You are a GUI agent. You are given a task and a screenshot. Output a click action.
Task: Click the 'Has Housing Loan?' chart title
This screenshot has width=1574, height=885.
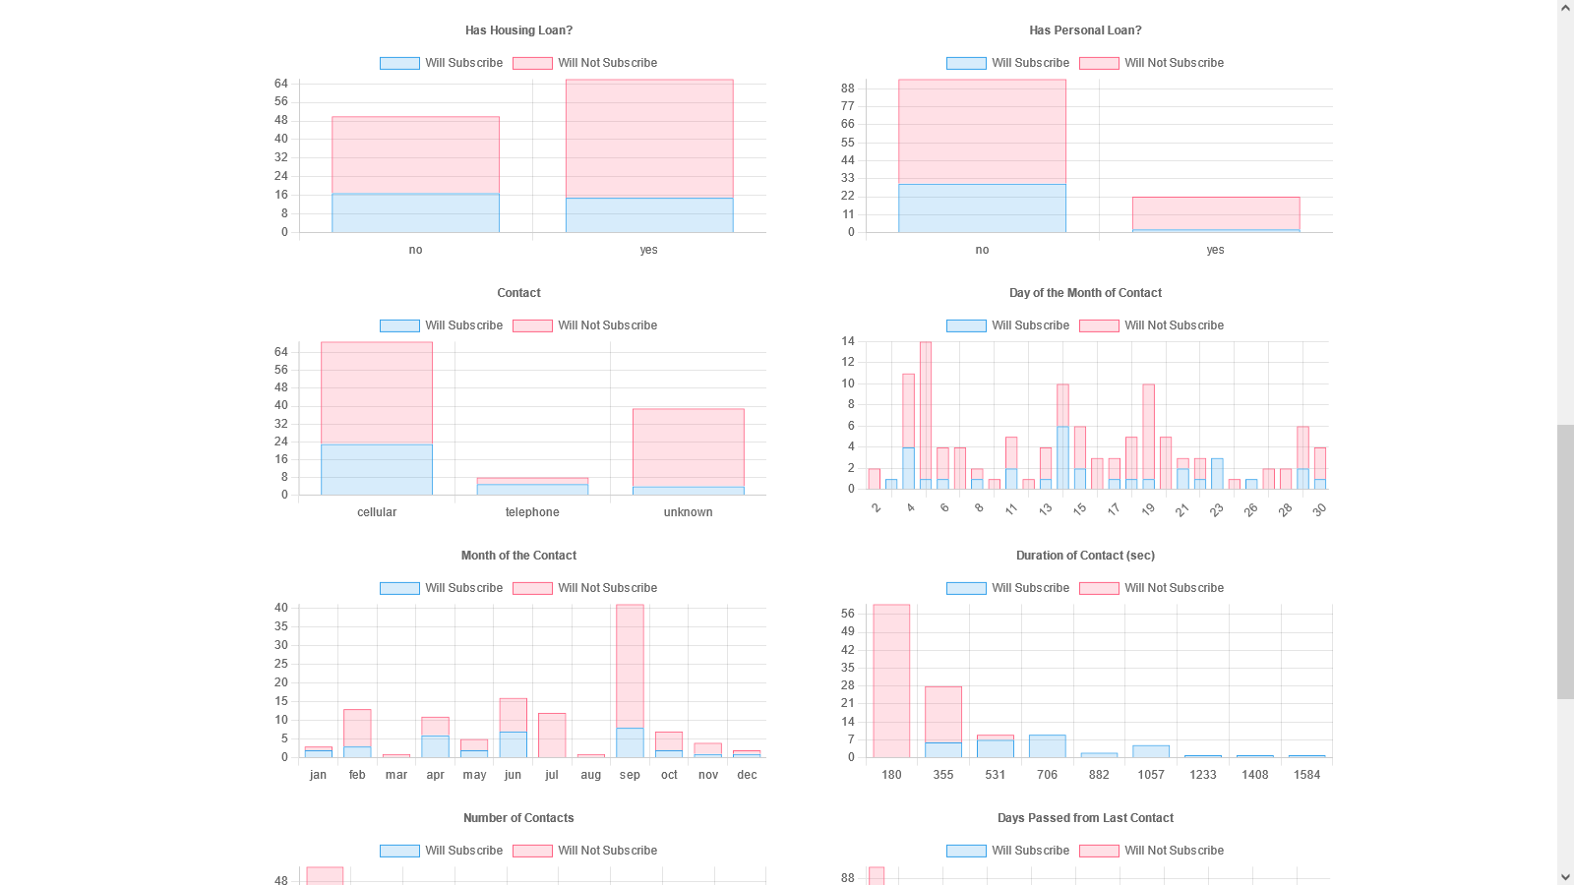pos(518,30)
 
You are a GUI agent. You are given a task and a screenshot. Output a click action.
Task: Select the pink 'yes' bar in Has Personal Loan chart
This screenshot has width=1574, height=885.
pos(1215,212)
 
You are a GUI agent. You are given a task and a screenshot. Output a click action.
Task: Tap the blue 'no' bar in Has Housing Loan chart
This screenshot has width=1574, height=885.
pos(415,213)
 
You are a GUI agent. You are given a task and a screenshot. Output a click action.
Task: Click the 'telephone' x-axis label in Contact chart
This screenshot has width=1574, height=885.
pos(532,512)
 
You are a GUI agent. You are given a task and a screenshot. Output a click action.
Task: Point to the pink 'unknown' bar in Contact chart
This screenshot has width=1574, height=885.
pos(688,447)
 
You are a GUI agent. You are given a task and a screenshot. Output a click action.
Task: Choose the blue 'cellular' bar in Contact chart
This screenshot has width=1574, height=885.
pos(377,470)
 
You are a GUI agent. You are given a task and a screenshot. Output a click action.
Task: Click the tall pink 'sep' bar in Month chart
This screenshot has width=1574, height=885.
pos(630,666)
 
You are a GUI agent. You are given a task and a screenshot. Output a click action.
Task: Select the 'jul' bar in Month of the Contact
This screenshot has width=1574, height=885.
pos(552,735)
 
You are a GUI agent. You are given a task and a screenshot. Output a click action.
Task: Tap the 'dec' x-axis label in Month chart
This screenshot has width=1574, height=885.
pos(748,775)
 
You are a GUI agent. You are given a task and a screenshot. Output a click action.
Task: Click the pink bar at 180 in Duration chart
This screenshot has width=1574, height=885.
pos(891,680)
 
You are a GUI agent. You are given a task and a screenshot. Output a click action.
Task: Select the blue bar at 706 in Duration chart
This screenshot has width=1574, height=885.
pos(1047,746)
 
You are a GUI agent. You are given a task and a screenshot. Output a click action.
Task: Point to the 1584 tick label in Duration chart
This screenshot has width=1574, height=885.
pos(1306,775)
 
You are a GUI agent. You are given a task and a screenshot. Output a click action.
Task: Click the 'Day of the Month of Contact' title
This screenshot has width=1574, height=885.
pos(1085,293)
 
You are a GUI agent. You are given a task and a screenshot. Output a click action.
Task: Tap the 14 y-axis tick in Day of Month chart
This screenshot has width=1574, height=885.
pos(848,341)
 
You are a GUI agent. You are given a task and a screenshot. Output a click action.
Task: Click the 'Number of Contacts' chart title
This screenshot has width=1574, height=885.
pos(518,818)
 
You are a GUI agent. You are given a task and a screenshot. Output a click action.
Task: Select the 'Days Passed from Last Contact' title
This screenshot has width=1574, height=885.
pos(1085,818)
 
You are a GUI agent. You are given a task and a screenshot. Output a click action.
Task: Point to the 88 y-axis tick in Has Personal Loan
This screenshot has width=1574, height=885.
pos(848,88)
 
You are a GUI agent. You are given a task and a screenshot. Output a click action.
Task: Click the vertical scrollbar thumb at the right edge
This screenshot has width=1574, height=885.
pos(1565,561)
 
